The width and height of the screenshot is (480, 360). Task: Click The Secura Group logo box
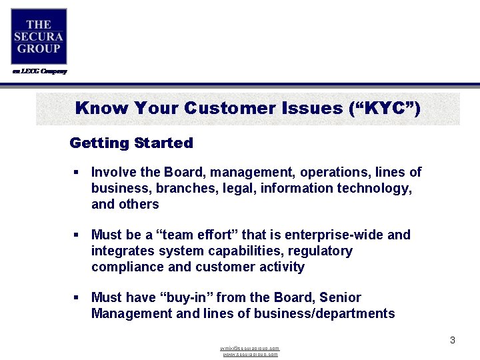click(39, 37)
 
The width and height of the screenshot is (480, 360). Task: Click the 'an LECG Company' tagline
click(40, 71)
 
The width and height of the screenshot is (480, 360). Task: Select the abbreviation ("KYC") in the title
click(385, 108)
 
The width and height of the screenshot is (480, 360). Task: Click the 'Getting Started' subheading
click(131, 143)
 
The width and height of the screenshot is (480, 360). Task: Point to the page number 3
click(452, 340)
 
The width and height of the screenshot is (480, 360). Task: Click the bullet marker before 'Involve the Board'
click(77, 173)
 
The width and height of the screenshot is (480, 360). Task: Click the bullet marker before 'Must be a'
click(77, 235)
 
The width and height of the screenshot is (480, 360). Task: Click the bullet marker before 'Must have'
click(77, 298)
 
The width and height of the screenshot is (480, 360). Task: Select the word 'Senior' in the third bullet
click(340, 297)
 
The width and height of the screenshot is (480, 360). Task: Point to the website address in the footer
click(250, 355)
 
